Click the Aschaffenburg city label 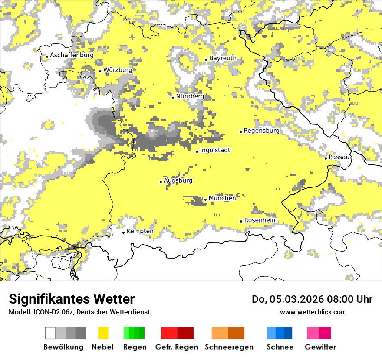(x=72, y=55)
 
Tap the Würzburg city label (x=118, y=70)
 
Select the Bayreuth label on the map (x=223, y=58)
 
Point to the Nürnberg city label (x=190, y=96)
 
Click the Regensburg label (x=261, y=131)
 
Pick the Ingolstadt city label (x=215, y=151)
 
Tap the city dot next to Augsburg (x=161, y=182)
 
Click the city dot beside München (x=205, y=200)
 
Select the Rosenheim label (x=260, y=220)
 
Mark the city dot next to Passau (x=326, y=158)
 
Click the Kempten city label (x=140, y=231)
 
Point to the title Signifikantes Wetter (x=72, y=299)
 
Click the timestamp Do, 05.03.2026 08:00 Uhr (x=312, y=299)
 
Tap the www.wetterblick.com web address (x=313, y=312)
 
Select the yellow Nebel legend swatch (x=103, y=333)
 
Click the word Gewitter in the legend (x=320, y=347)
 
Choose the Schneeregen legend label (x=229, y=347)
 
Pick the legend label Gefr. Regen (x=177, y=347)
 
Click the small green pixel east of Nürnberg (x=224, y=95)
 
